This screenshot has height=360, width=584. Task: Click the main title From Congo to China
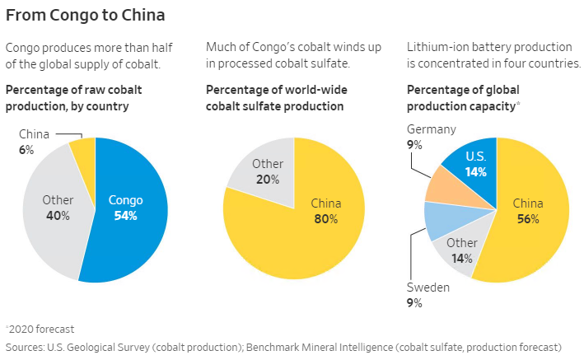[x=85, y=15]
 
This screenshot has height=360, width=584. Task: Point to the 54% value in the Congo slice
[x=124, y=216]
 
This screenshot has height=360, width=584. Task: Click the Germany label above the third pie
[x=431, y=129]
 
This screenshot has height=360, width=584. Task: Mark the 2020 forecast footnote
[x=35, y=328]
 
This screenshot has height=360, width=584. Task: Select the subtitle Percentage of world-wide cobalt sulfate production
[x=274, y=98]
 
